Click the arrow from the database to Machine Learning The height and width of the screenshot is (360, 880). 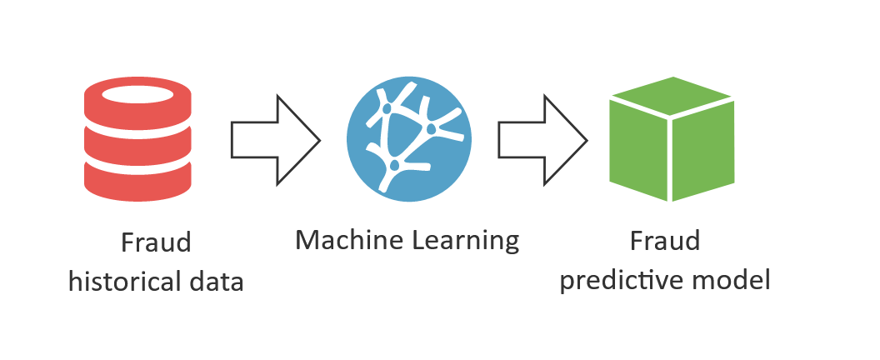pyautogui.click(x=275, y=138)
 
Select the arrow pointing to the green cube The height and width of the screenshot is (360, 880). pyautogui.click(x=542, y=138)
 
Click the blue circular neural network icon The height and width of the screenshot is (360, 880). pyautogui.click(x=409, y=138)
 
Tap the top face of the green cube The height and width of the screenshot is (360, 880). pyautogui.click(x=672, y=95)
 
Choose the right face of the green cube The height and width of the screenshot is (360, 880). pyautogui.click(x=704, y=150)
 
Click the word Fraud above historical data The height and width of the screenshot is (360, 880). pyautogui.click(x=156, y=243)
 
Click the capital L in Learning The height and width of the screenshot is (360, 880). pyautogui.click(x=418, y=241)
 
